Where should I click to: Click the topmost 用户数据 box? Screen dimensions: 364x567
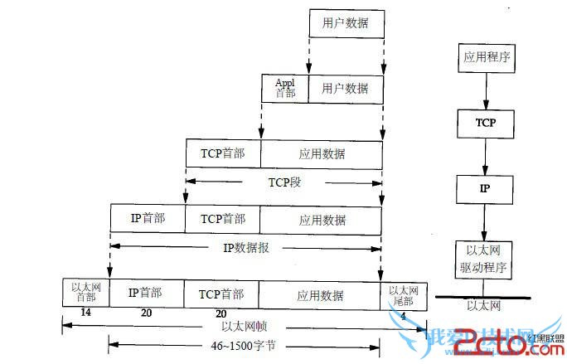click(x=346, y=24)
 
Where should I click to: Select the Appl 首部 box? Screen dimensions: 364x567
click(x=284, y=88)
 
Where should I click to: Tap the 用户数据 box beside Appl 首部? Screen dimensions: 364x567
click(x=345, y=88)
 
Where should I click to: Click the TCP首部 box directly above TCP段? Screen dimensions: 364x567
click(x=223, y=154)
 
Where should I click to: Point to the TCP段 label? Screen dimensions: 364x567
click(x=283, y=181)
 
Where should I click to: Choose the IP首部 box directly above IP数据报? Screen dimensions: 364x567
click(x=148, y=220)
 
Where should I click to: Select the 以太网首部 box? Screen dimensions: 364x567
click(x=85, y=293)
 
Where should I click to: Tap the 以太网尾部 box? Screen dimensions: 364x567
click(x=404, y=293)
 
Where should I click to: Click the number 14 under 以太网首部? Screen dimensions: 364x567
click(x=85, y=312)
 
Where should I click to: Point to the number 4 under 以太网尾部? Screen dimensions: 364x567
click(x=404, y=313)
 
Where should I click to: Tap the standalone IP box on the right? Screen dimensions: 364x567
click(x=485, y=188)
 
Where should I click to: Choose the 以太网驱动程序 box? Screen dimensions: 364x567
click(x=485, y=258)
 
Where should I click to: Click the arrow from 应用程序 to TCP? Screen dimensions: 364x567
click(x=485, y=91)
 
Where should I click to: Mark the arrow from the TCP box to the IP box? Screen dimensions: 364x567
click(x=485, y=155)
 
